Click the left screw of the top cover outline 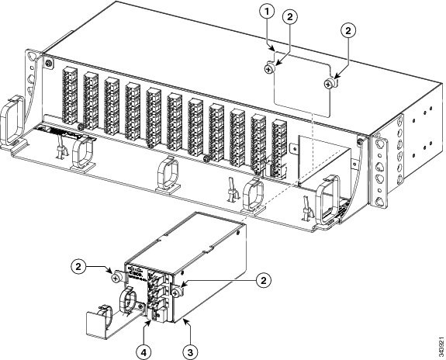[x=268, y=70]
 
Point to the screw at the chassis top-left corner [x=49, y=62]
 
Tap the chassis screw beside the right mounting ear [x=359, y=142]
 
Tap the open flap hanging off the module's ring [x=99, y=326]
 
